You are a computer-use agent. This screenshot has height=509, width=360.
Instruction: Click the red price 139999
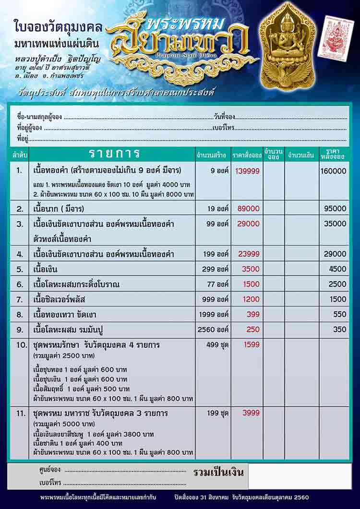tap(247, 171)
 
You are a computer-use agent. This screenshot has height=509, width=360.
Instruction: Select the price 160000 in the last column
tap(334, 171)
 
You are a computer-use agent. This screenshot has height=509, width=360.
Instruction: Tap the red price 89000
tap(247, 209)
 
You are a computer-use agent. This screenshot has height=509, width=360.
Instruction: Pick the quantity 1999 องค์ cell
tap(214, 314)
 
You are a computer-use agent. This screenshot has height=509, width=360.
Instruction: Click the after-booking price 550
tap(339, 314)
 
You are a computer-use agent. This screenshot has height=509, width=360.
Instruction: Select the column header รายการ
tap(114, 154)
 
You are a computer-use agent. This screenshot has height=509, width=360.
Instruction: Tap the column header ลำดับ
tap(20, 154)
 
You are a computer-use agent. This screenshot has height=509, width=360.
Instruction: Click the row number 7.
tap(20, 299)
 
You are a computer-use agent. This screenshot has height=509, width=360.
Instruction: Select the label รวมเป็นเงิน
tap(218, 472)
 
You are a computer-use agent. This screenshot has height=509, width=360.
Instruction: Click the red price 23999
tap(247, 254)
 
